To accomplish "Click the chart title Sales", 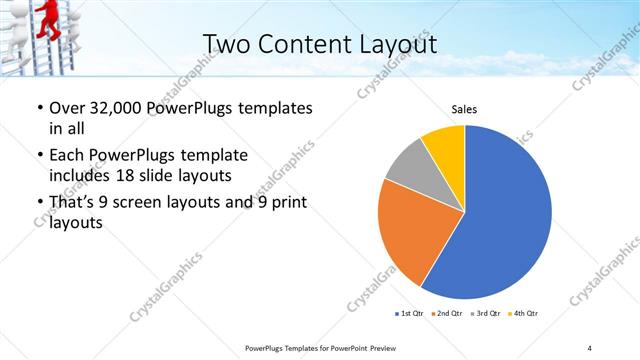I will (464, 109).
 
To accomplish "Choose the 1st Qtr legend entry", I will (410, 314).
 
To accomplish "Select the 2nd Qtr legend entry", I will (447, 314).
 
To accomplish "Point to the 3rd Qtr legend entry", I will (486, 314).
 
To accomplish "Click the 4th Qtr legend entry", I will (523, 314).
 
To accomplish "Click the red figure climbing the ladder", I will (45, 18).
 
